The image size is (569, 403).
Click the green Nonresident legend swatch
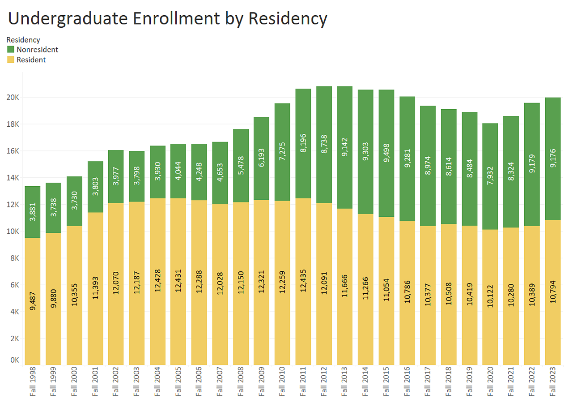pos(11,49)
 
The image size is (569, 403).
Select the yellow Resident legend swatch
pos(11,60)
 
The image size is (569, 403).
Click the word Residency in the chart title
pos(288,19)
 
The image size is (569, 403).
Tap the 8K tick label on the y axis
pos(14,258)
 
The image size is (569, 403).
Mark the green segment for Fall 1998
pos(33,212)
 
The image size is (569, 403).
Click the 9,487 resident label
pos(33,301)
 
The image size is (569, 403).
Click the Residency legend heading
pos(23,40)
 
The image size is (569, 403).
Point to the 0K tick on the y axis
pos(14,360)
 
